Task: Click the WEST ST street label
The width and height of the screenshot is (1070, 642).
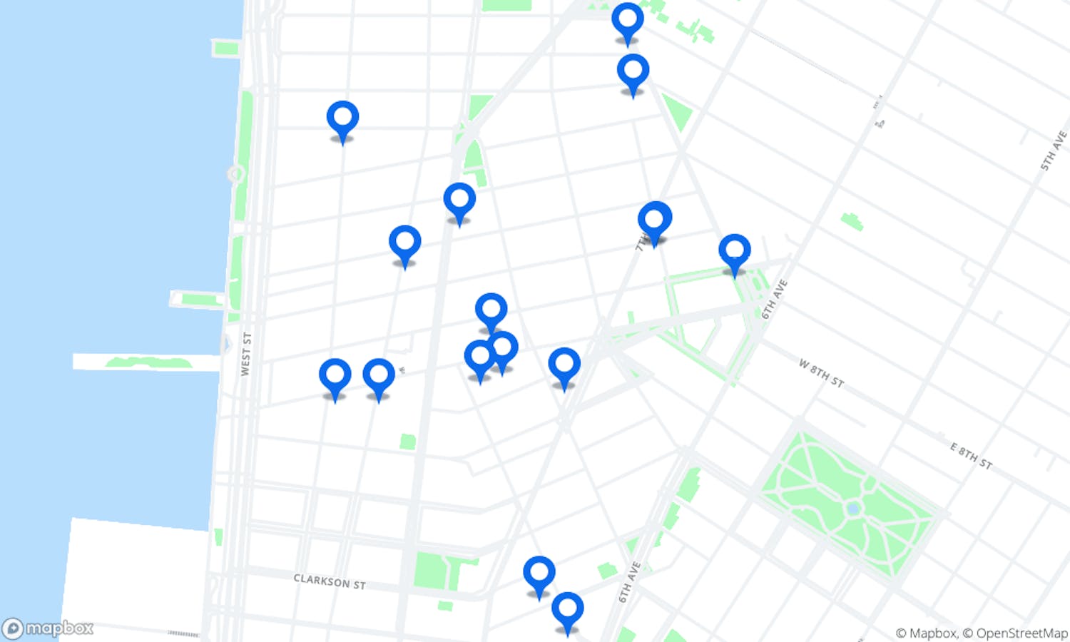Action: click(x=246, y=354)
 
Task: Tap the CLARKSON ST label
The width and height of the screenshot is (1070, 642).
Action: click(x=330, y=581)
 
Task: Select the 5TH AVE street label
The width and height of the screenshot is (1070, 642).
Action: click(x=1053, y=151)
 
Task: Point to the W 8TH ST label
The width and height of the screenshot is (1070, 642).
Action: click(x=820, y=373)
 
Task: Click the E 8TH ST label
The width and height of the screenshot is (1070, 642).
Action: click(x=971, y=456)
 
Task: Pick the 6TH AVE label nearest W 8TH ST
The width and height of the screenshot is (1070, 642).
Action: click(x=774, y=299)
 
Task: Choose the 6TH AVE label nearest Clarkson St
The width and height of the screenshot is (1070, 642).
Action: click(x=629, y=582)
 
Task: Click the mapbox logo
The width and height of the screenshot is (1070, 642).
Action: click(x=49, y=628)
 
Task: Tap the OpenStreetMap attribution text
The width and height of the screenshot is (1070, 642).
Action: click(x=1021, y=633)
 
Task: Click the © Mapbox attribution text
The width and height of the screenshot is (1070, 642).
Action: click(x=926, y=633)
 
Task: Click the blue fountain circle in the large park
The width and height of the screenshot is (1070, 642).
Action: click(x=852, y=508)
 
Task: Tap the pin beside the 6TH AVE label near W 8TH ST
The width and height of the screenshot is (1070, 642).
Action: click(x=734, y=253)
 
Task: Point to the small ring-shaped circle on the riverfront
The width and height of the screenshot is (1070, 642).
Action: click(x=235, y=173)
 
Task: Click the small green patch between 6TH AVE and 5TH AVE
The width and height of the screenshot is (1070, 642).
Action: click(x=852, y=221)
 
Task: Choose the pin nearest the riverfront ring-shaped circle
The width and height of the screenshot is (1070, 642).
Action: click(x=342, y=119)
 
